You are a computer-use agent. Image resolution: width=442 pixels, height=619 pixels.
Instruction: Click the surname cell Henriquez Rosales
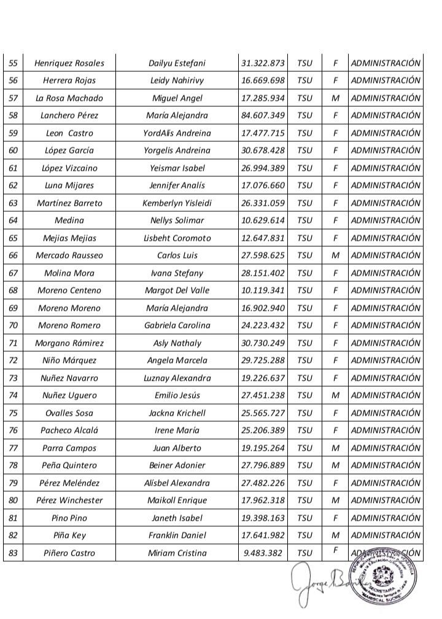[69, 63]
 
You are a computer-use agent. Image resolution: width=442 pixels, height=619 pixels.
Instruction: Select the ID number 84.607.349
[263, 115]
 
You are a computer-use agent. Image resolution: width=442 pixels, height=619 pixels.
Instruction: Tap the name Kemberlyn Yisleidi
[177, 203]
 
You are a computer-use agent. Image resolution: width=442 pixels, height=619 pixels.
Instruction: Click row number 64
[13, 220]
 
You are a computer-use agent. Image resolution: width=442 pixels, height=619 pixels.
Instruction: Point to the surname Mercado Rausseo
[69, 255]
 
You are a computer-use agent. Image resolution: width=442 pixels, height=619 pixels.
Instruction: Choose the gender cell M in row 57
[335, 98]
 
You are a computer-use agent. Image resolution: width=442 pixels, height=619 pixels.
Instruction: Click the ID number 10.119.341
[263, 290]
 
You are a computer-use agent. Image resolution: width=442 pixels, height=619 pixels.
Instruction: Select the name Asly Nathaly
[177, 343]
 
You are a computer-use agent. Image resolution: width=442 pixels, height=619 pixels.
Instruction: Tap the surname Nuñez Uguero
[69, 395]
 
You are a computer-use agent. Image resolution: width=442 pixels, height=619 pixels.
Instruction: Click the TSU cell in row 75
[304, 413]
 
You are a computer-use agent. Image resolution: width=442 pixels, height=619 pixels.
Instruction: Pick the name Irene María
[177, 430]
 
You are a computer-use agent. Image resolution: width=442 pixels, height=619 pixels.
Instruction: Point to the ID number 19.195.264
[263, 448]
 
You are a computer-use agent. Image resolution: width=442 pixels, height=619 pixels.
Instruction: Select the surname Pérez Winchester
[69, 500]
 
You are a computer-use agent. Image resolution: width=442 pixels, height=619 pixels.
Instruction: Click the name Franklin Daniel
[177, 535]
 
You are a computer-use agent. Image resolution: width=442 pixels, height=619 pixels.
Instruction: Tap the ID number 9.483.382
[263, 553]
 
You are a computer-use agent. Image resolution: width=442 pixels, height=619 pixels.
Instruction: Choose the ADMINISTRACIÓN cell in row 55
[386, 63]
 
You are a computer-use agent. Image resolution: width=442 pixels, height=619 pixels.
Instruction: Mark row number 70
[13, 325]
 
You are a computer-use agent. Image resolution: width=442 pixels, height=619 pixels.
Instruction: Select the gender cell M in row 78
[335, 465]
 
